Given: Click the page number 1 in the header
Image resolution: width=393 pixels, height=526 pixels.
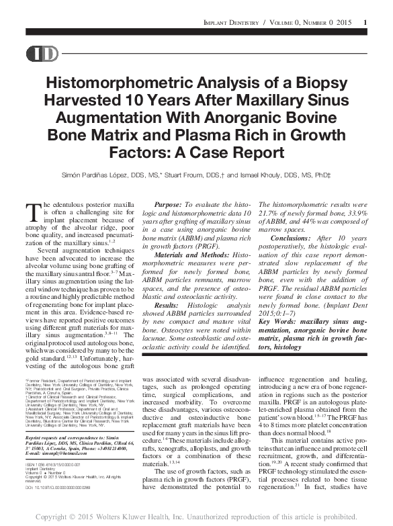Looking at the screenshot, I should pos(365,24).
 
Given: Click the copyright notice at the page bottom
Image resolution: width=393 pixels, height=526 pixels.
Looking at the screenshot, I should pos(196,517).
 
